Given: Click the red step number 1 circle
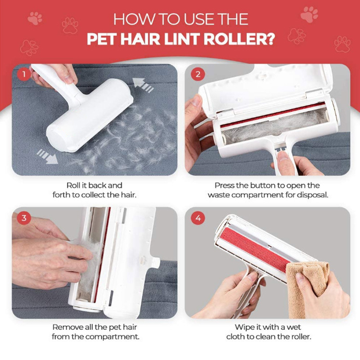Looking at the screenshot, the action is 24,74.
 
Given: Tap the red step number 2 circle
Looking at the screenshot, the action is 198,74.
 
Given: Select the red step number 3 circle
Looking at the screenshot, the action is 24,218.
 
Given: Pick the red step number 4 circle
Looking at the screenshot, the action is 198,218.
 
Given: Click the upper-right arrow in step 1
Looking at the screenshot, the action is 143,85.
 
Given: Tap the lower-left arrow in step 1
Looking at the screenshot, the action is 47,156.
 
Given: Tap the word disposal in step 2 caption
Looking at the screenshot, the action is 313,195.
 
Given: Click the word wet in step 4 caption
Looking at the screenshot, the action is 294,327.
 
